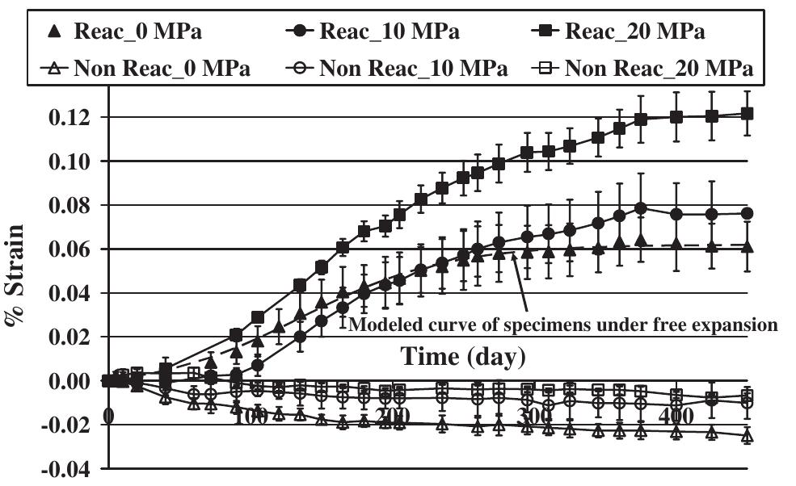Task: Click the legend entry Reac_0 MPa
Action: [121, 32]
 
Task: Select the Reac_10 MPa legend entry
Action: [372, 32]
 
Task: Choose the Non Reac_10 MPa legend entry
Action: [397, 69]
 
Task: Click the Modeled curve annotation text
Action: [562, 325]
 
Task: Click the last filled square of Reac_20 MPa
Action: [747, 114]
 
